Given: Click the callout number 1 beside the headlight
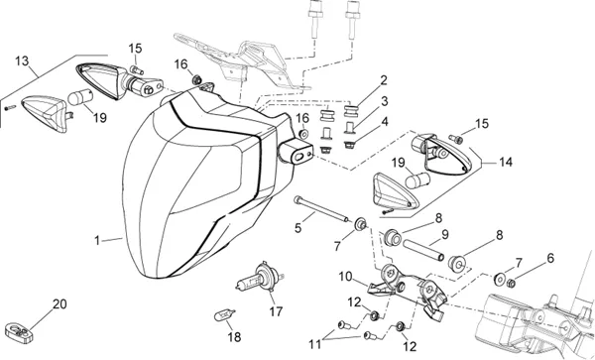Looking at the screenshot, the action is pos(97,241).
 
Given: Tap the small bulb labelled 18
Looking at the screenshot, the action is pos(225,314).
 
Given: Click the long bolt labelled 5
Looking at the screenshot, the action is pos(320,209).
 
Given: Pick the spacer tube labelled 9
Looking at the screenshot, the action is pos(424,250).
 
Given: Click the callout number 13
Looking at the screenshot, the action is pos(22,60).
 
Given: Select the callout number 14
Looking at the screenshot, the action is pos(506,162).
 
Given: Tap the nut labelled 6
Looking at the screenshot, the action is pos(511,283).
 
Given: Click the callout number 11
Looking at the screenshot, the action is pos(315,344).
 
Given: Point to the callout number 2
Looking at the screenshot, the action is pos(384,80).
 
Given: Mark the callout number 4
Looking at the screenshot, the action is pos(385,122).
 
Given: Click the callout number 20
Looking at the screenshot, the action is pos(59,303).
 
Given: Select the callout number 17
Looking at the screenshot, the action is pos(276,311).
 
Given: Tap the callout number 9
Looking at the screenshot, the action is pos(444,234).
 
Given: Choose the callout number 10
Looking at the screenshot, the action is pos(345,277).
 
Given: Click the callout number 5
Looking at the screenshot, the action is pos(297,228).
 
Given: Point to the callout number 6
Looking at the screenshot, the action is pos(550,258).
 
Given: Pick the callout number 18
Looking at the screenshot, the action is pos(234,337).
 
